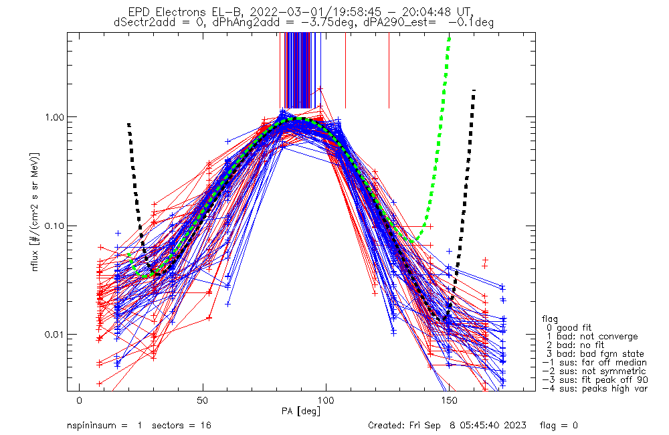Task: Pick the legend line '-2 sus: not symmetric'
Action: (x=594, y=371)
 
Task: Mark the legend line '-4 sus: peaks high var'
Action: (x=594, y=389)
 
